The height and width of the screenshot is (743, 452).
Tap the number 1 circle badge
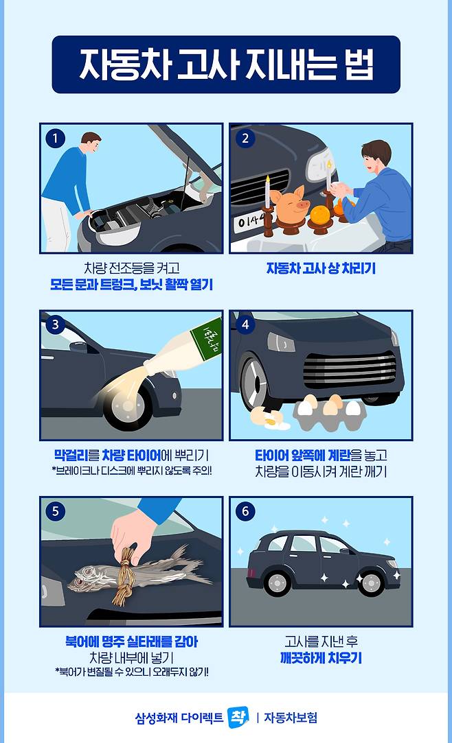coord(55,139)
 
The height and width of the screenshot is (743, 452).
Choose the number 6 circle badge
coord(245,511)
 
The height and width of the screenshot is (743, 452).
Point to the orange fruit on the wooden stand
coord(319,215)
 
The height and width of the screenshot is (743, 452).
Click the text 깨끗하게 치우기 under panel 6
coord(321,658)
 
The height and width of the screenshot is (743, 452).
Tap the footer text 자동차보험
coord(291,718)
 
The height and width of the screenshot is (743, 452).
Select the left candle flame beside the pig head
coord(268,180)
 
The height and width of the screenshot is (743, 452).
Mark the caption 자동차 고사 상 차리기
coord(321,269)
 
